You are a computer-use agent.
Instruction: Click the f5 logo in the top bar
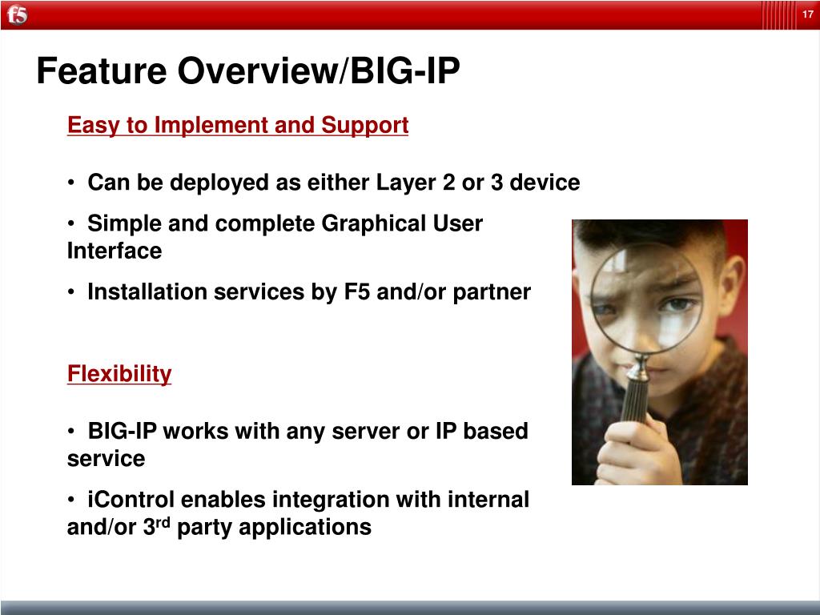[18, 14]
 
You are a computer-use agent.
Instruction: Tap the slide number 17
[807, 14]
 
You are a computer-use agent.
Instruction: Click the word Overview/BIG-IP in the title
[319, 70]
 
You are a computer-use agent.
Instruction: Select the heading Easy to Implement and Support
[238, 126]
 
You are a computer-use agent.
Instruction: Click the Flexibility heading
[119, 375]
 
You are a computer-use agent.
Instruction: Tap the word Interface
[115, 251]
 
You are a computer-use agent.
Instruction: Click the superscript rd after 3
[163, 522]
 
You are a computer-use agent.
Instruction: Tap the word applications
[305, 528]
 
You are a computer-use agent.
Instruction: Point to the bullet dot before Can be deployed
[71, 183]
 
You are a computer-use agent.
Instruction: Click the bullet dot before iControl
[71, 500]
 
